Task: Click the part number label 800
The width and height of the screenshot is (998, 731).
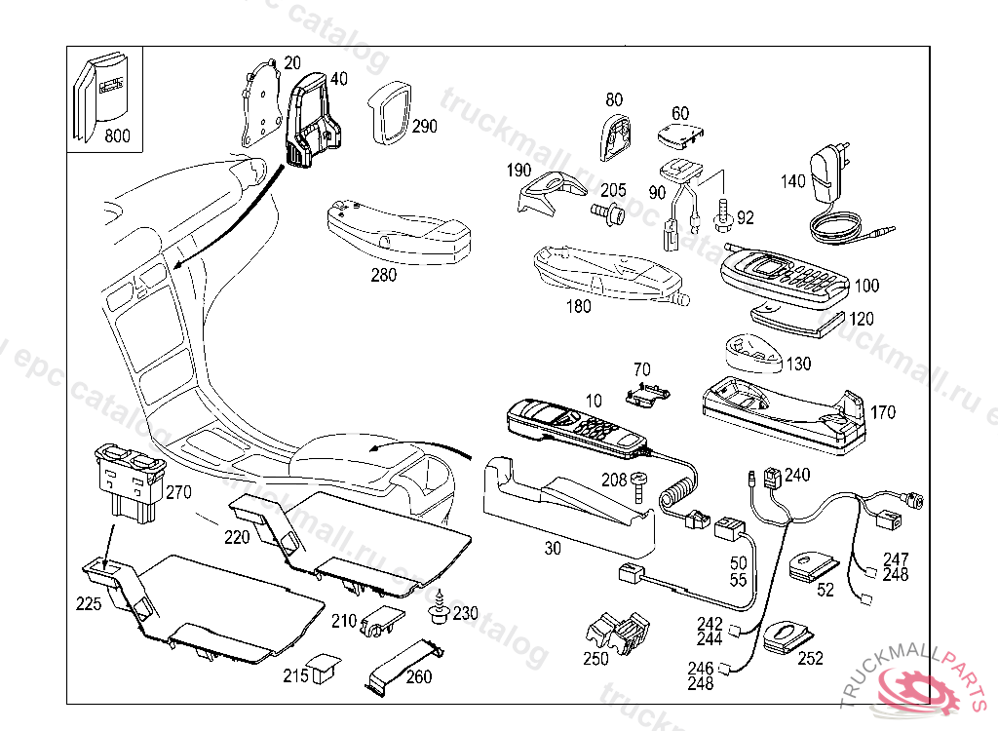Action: pyautogui.click(x=117, y=135)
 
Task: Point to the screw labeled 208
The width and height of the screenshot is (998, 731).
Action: pyautogui.click(x=641, y=483)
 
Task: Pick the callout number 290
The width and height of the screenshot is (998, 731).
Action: pyautogui.click(x=424, y=126)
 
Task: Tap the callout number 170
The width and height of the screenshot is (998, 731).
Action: pyautogui.click(x=883, y=412)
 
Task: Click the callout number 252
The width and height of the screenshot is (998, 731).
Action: pyautogui.click(x=810, y=659)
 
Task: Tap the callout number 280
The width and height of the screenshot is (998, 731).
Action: pyautogui.click(x=383, y=275)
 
